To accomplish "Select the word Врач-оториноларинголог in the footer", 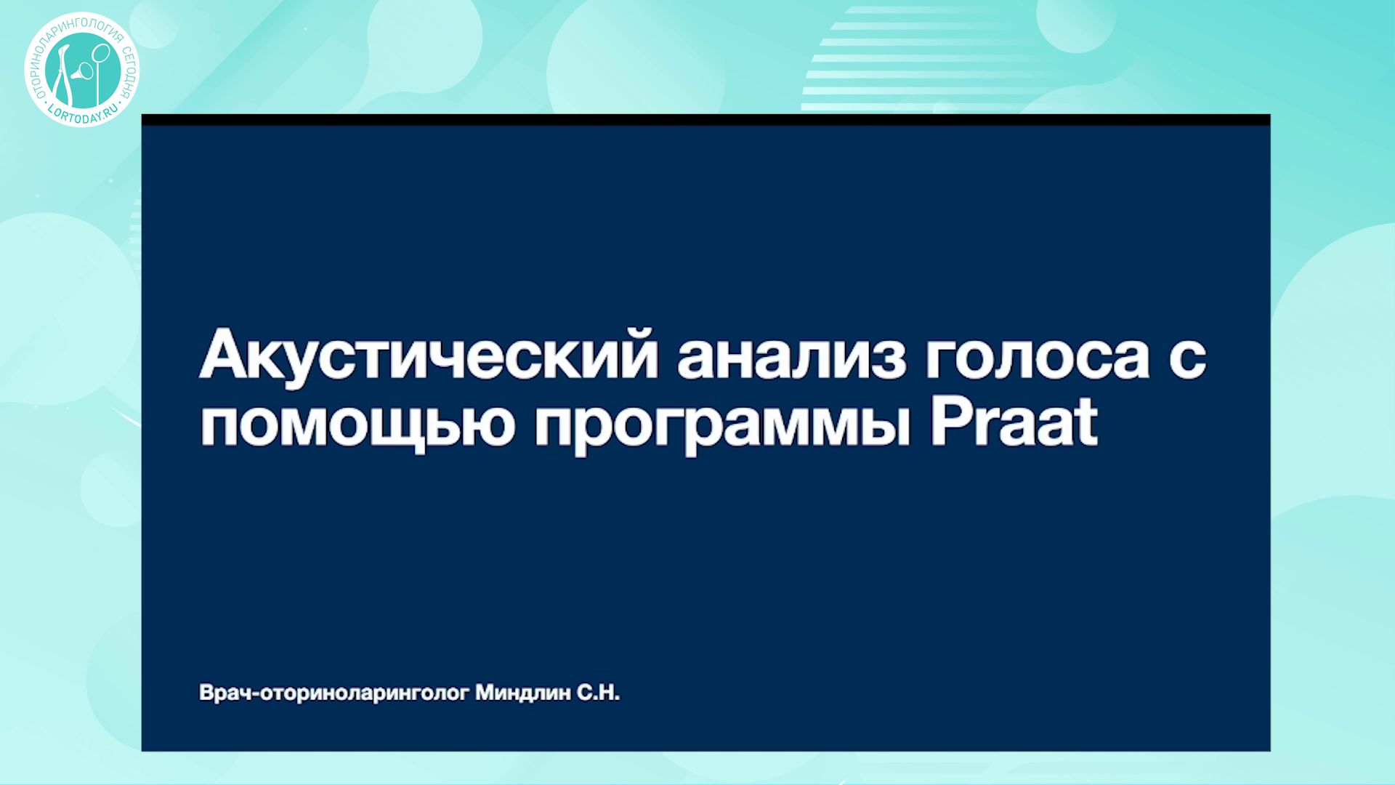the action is tap(334, 693).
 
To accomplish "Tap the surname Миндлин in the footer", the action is tap(523, 693).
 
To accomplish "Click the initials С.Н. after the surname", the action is tap(598, 693).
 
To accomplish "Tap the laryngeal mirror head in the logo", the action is tap(102, 52).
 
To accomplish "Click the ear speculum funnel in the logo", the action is tap(85, 71).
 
